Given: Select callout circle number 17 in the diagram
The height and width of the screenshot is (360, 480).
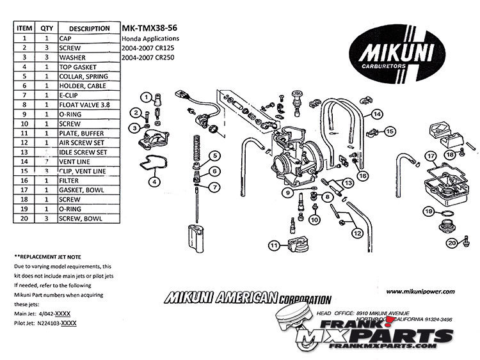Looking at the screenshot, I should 431,155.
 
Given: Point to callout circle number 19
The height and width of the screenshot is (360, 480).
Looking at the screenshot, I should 428,211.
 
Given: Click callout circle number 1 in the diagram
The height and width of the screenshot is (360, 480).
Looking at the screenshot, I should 147,97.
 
